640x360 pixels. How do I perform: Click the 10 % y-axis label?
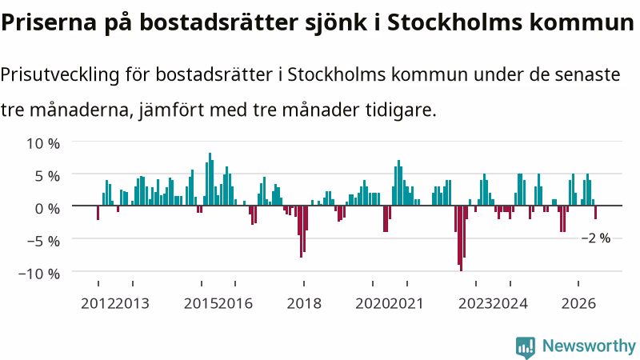(43, 144)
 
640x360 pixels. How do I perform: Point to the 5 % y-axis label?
(47, 176)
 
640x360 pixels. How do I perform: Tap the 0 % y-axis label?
(47, 209)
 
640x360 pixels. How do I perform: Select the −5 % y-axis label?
(43, 242)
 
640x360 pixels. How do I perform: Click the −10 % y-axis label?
(39, 274)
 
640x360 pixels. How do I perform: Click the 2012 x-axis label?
(98, 304)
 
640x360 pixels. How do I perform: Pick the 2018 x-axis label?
(304, 304)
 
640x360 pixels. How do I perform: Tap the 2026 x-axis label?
(578, 304)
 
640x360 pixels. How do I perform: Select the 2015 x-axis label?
(202, 304)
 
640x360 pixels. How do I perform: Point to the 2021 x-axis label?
(407, 304)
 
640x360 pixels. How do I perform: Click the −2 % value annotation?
(596, 238)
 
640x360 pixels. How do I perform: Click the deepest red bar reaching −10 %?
(462, 238)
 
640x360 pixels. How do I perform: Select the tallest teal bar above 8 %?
(210, 179)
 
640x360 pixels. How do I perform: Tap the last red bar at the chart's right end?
(595, 212)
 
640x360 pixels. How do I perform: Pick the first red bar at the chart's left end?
(98, 213)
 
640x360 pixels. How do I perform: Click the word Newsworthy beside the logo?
(589, 346)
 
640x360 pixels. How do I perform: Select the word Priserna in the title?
(49, 22)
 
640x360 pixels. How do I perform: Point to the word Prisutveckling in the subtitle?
(60, 75)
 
